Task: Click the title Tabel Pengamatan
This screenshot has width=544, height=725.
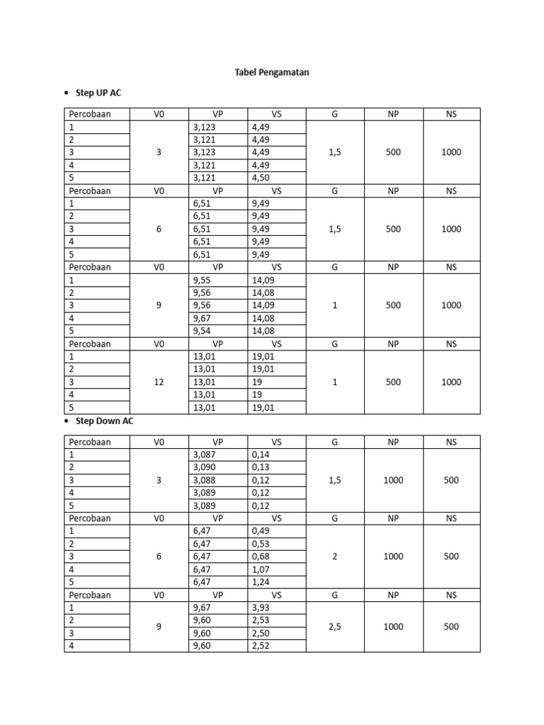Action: [x=272, y=72]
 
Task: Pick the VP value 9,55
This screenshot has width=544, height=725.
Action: [x=203, y=280]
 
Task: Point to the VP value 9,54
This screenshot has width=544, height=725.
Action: [x=203, y=331]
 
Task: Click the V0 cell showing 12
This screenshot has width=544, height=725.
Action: [x=159, y=382]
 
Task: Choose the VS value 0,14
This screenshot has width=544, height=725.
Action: [x=261, y=455]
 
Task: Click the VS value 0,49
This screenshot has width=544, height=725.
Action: [x=261, y=531]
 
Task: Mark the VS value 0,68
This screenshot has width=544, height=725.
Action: [x=261, y=556]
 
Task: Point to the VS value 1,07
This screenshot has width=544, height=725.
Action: [x=261, y=569]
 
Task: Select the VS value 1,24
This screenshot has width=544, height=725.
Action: [x=261, y=582]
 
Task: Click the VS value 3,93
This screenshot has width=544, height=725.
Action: [x=261, y=607]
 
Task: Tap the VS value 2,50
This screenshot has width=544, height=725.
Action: [x=261, y=633]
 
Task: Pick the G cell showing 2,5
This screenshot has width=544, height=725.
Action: [x=335, y=627]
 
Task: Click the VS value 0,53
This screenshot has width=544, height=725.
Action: [x=261, y=544]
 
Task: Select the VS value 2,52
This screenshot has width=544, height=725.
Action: [x=261, y=646]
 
